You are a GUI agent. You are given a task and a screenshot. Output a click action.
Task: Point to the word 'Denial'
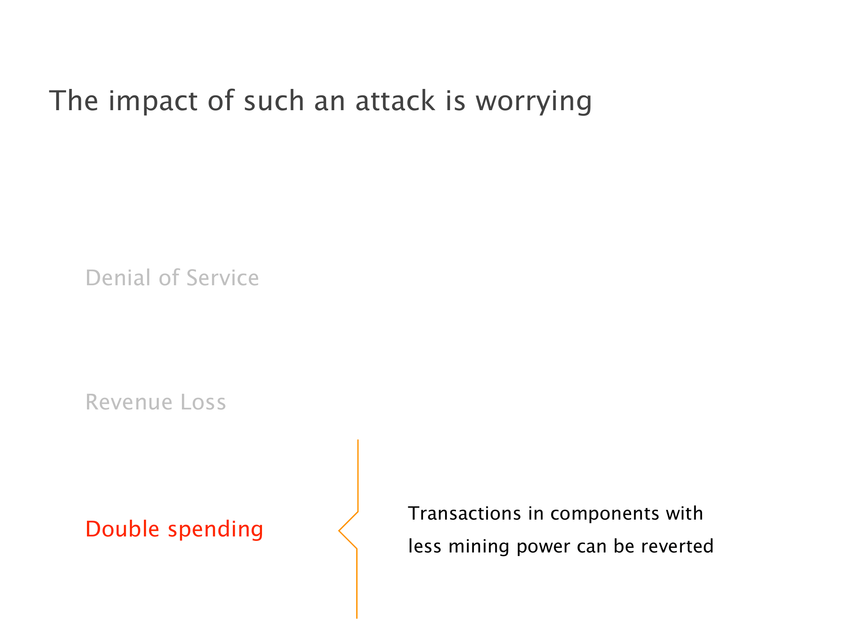[119, 278]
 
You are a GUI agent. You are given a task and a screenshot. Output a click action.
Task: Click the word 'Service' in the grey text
[223, 278]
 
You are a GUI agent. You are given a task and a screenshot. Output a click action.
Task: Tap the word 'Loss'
[204, 402]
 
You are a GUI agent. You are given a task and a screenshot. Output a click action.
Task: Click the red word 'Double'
[123, 529]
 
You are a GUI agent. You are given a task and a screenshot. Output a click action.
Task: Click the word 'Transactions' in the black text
[465, 513]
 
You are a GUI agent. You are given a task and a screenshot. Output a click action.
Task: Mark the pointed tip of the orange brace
[339, 531]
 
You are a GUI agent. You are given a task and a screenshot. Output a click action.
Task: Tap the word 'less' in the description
[424, 546]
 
